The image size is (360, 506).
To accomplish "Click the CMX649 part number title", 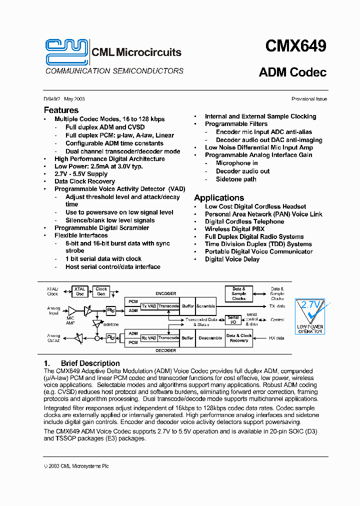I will point(295,46).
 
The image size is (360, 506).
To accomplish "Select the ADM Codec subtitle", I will point(292,72).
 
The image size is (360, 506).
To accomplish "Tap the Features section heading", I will point(61,110).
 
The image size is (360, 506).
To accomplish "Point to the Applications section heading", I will point(219,197).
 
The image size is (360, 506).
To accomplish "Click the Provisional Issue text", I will point(309,99).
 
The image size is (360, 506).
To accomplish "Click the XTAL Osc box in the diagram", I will point(79,291).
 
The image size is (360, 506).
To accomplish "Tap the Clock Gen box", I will point(101,291).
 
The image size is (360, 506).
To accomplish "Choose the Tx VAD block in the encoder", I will point(148,306).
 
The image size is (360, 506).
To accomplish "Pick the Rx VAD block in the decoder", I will point(148,338).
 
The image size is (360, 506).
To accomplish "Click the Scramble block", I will point(205,306).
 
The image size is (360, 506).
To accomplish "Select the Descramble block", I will point(210,338).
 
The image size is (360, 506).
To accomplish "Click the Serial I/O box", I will point(233,320).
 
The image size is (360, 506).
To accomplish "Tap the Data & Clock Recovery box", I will point(239,338).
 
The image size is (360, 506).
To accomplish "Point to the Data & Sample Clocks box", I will point(239,293).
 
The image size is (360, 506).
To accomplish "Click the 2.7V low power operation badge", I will point(310,315).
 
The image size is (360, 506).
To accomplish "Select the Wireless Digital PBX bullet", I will point(234,229).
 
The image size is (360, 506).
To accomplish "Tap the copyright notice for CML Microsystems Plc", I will point(76,466).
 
